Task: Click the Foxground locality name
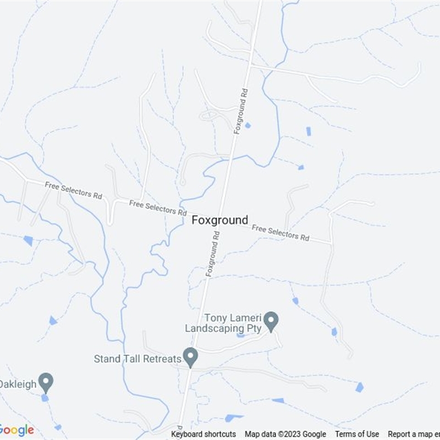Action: [x=220, y=220]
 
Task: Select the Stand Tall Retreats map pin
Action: [x=191, y=357]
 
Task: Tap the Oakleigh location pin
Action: [x=46, y=381]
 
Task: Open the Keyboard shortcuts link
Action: [x=204, y=434]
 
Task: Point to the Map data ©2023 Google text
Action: [x=285, y=434]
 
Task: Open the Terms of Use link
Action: [x=357, y=434]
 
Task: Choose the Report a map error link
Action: [x=414, y=434]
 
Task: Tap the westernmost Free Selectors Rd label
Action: [x=74, y=191]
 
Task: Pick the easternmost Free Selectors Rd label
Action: [x=280, y=233]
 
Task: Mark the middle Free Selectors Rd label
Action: [x=158, y=208]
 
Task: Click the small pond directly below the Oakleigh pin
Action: [x=45, y=398]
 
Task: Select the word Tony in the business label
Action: [x=215, y=318]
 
